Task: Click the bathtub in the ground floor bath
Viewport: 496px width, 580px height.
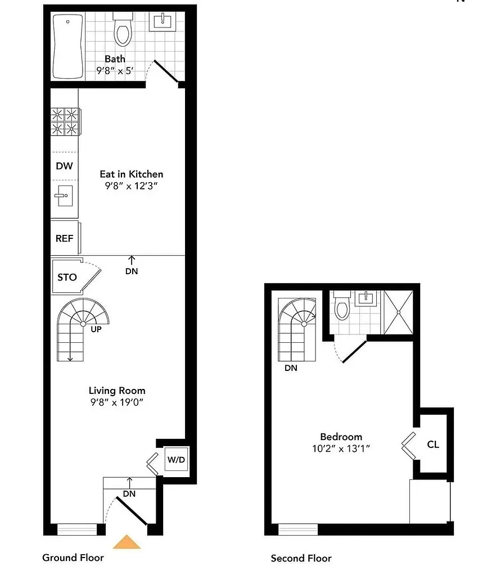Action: pos(68,46)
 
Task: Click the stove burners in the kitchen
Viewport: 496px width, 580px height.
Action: pos(65,122)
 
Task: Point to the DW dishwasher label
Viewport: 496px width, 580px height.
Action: pos(64,166)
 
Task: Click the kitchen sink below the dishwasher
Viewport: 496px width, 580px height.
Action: pos(64,196)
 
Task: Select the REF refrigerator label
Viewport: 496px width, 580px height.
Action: pos(64,238)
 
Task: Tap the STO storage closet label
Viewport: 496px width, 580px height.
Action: pos(67,277)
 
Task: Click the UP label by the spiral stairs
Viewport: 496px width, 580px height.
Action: pos(96,329)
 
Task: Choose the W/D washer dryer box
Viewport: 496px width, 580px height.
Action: pos(175,460)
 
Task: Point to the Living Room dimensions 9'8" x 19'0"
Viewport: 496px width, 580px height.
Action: pos(117,402)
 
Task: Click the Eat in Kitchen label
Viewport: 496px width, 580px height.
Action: pos(132,174)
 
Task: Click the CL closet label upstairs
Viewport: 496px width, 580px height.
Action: pos(433,445)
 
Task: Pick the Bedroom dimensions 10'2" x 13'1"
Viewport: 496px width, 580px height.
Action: pos(341,448)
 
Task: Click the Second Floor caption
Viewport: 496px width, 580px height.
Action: pos(301,558)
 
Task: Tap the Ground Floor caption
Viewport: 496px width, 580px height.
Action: pos(73,558)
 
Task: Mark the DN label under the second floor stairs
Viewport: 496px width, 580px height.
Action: pos(291,368)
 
